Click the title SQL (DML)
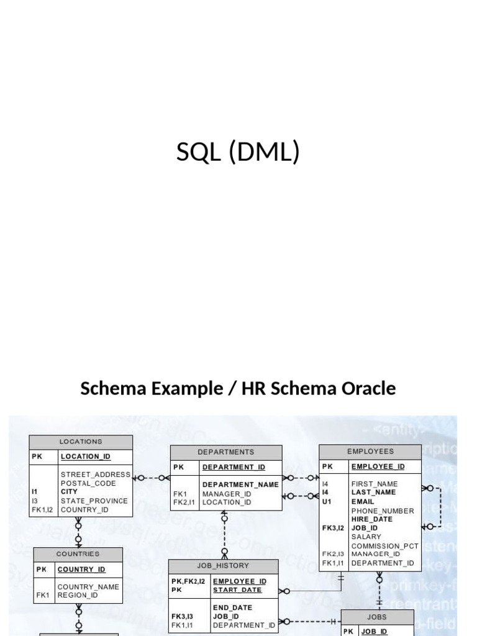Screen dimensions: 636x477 [x=238, y=152]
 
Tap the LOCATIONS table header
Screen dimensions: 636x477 [x=81, y=442]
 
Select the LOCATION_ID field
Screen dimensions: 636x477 [x=86, y=457]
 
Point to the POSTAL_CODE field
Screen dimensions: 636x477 [x=88, y=483]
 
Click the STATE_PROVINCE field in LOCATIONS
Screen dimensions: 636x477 [x=94, y=501]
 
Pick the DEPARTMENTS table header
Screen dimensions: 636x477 [x=225, y=452]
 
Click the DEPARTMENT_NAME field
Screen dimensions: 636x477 [x=240, y=484]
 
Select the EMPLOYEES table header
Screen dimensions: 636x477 [x=370, y=452]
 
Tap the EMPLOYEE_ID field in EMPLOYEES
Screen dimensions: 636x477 [x=378, y=466]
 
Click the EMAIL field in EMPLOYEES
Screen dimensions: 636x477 [x=363, y=501]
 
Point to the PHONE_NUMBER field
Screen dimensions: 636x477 [x=383, y=511]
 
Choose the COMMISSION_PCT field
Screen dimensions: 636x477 [x=384, y=546]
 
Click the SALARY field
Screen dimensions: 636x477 [x=366, y=537]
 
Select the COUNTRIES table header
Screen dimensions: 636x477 [x=78, y=554]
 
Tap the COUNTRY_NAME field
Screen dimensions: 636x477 [x=88, y=586]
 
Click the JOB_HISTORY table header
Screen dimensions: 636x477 [x=223, y=566]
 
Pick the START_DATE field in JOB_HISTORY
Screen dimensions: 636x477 [x=237, y=590]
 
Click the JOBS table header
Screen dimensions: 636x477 [x=377, y=617]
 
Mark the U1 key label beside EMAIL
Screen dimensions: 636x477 [x=327, y=501]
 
